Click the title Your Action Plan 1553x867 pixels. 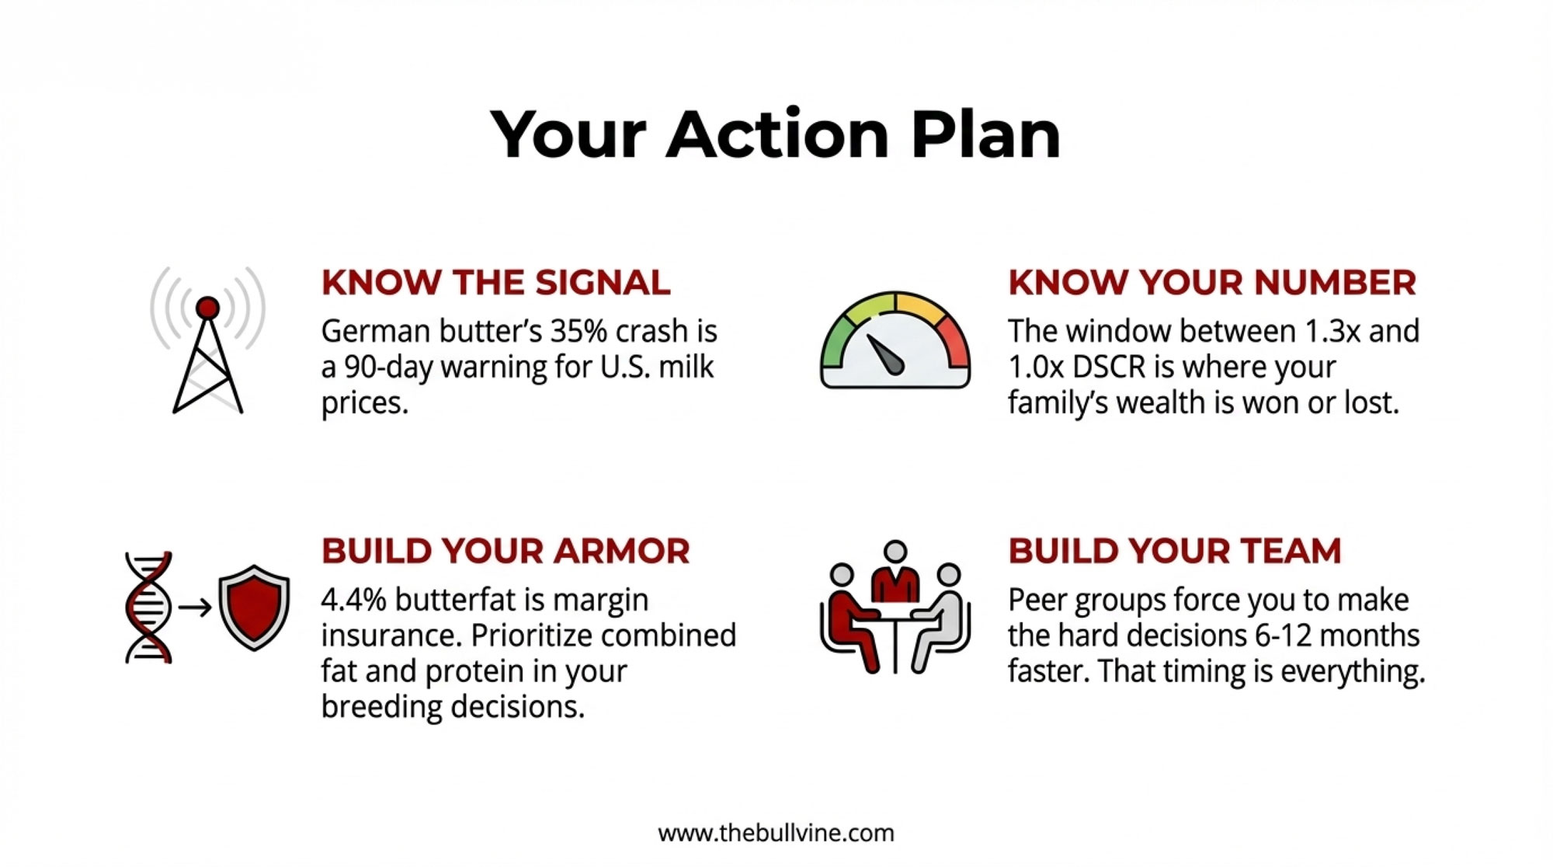[775, 135]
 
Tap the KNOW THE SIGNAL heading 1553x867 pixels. [495, 283]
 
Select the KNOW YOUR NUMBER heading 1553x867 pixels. [1212, 283]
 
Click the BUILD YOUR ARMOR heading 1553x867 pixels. [506, 552]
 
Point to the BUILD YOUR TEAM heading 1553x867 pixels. [1175, 552]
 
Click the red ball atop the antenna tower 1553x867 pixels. [207, 308]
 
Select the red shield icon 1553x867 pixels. [254, 607]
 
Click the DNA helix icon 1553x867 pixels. [148, 607]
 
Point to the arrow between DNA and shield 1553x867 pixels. [195, 607]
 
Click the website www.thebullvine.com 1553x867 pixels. [776, 833]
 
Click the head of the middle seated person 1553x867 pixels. [895, 551]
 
